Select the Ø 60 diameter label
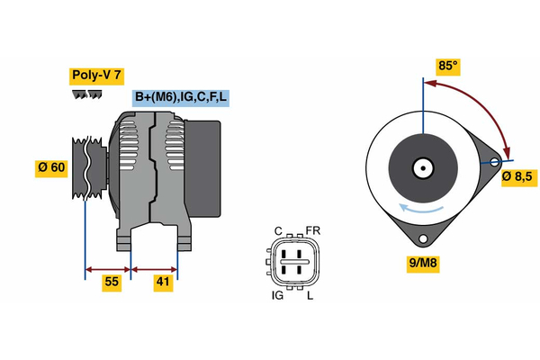point(51,167)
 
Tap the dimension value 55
point(111,282)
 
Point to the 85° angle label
point(448,66)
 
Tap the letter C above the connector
point(278,230)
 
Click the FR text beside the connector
point(313,230)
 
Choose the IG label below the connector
point(278,295)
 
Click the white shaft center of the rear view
point(422,167)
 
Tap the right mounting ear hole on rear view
point(494,162)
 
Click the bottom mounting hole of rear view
point(422,238)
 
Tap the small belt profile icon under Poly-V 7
point(85,94)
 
